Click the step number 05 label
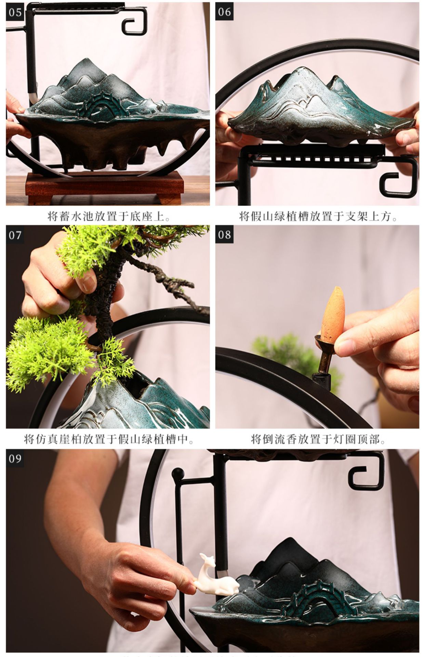coord(15,12)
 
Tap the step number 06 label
coord(224,12)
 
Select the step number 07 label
coord(15,235)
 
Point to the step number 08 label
coord(224,235)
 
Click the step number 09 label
coord(15,458)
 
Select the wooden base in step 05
coord(104,186)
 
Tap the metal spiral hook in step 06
coord(398,181)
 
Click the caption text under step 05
coord(108,216)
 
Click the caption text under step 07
coord(108,439)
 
